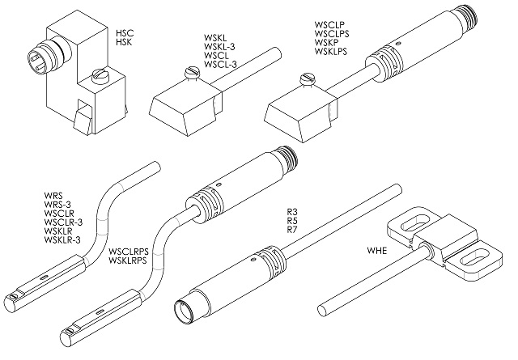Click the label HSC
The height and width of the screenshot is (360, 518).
(x=125, y=33)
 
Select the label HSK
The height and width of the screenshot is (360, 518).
(x=124, y=42)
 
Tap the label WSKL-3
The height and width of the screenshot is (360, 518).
(x=219, y=47)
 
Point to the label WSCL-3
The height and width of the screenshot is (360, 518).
(x=220, y=64)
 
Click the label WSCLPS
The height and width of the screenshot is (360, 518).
(x=332, y=33)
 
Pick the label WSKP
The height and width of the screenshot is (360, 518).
(x=326, y=42)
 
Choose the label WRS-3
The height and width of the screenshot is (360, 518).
(x=57, y=205)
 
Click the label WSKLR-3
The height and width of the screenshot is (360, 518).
(x=62, y=239)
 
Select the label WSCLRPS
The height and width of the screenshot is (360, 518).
(x=129, y=252)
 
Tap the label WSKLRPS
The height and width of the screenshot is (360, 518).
(x=128, y=260)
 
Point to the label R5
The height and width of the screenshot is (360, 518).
(x=292, y=220)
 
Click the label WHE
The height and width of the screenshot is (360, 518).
(x=377, y=251)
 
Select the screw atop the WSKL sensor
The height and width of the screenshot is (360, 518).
(x=192, y=73)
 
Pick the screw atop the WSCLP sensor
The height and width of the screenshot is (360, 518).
(x=308, y=79)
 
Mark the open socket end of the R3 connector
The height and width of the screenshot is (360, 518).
(x=185, y=310)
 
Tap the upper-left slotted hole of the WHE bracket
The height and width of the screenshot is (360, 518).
(x=415, y=222)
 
